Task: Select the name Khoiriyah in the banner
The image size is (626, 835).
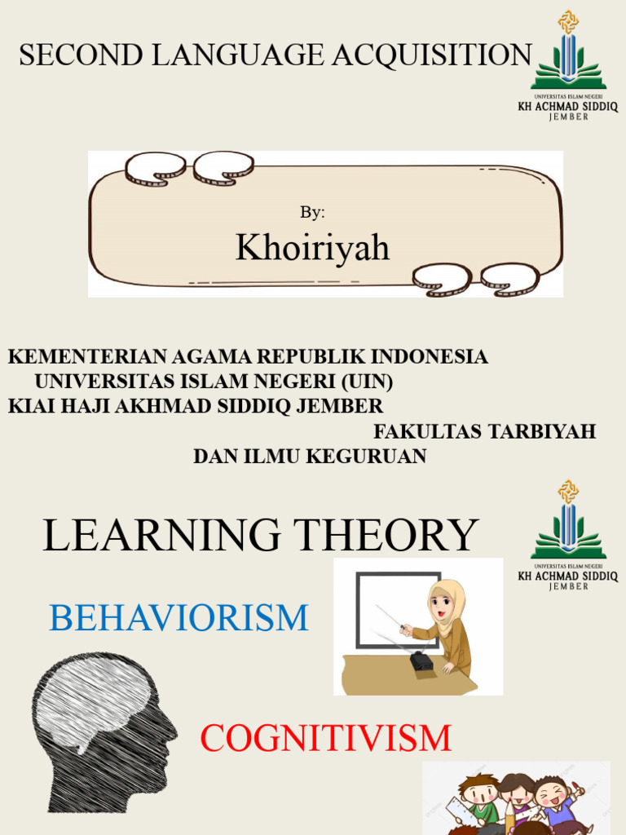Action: pos(313,248)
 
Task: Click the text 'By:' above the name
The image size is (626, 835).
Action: pos(312,212)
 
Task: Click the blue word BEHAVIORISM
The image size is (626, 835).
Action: pos(179,618)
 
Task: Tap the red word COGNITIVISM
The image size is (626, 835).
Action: pos(326,739)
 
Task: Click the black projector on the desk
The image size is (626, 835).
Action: pos(421,660)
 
